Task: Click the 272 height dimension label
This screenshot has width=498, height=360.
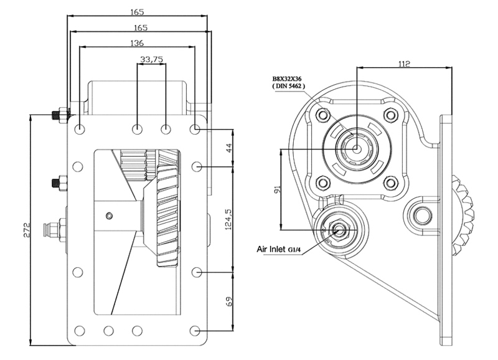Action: pyautogui.click(x=26, y=230)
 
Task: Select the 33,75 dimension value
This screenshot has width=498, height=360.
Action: pyautogui.click(x=151, y=59)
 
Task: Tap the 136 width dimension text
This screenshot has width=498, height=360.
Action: pyautogui.click(x=137, y=43)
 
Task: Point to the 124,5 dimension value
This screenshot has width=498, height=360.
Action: pyautogui.click(x=228, y=219)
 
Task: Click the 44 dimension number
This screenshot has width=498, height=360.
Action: pyautogui.click(x=228, y=148)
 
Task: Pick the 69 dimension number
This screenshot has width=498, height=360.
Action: pyautogui.click(x=228, y=301)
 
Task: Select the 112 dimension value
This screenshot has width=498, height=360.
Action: pyautogui.click(x=404, y=64)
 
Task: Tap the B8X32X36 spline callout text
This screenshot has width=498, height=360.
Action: pyautogui.click(x=287, y=79)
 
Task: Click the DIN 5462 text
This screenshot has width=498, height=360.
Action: pyautogui.click(x=289, y=86)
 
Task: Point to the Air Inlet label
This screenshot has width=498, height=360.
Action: pyautogui.click(x=271, y=249)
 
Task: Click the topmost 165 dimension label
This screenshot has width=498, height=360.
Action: pyautogui.click(x=137, y=12)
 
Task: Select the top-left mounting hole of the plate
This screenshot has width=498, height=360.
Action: pyautogui.click(x=80, y=130)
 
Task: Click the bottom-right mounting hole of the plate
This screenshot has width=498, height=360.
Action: pyautogui.click(x=195, y=331)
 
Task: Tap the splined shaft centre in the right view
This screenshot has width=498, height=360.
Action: pyautogui.click(x=356, y=148)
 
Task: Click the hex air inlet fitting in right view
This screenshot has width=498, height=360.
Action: pyautogui.click(x=339, y=230)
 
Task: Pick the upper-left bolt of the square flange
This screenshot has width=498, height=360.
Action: pyautogui.click(x=323, y=115)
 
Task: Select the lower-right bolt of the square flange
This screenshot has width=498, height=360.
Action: pyautogui.click(x=390, y=183)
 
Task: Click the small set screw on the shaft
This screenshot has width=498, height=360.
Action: pyautogui.click(x=110, y=216)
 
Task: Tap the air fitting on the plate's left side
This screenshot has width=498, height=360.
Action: pyautogui.click(x=54, y=229)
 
